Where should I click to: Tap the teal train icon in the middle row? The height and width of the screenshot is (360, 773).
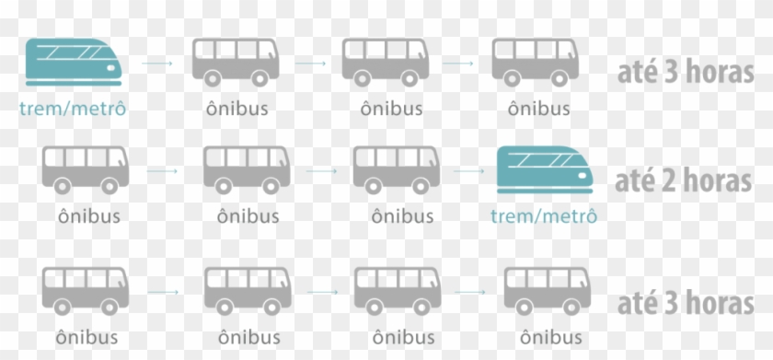coord(542,169)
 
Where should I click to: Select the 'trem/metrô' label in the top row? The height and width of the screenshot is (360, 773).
coord(72,109)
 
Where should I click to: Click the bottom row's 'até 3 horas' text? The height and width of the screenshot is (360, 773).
coord(685,303)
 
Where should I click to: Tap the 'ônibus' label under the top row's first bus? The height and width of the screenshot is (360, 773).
coord(237,109)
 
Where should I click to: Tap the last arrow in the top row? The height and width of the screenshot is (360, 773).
coord(458,64)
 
